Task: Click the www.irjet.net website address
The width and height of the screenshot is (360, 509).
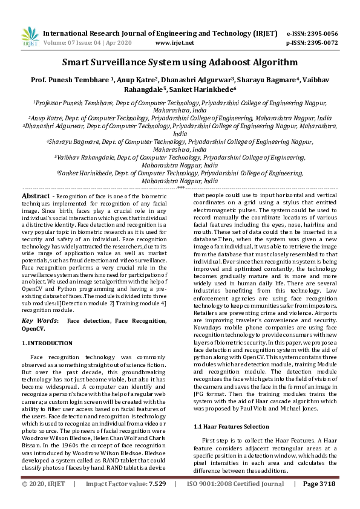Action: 174,44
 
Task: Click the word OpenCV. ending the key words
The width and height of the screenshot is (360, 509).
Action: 33,328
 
